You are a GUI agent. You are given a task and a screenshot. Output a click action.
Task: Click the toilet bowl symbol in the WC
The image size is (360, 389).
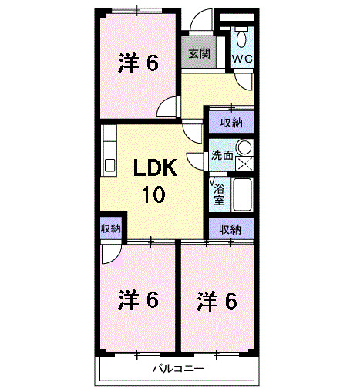pos(243,37)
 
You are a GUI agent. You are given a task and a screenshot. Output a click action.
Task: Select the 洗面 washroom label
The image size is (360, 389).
pos(222,154)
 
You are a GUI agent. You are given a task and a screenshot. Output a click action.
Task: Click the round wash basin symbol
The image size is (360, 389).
pos(244,147)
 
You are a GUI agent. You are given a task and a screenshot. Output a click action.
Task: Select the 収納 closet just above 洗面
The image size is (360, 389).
pos(231,121)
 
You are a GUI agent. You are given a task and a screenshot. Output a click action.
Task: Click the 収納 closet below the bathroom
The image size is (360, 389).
pos(230,229)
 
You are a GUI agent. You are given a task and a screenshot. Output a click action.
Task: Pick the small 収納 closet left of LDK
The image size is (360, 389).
pos(110,228)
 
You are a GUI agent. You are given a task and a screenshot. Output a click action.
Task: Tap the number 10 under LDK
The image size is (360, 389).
pos(152,194)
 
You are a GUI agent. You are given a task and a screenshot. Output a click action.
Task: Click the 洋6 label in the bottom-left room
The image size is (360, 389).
pos(139,299)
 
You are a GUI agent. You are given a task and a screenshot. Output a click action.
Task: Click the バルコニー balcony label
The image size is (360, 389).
pos(177,368)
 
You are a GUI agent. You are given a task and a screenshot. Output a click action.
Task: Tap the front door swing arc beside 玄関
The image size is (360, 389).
pos(202,21)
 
